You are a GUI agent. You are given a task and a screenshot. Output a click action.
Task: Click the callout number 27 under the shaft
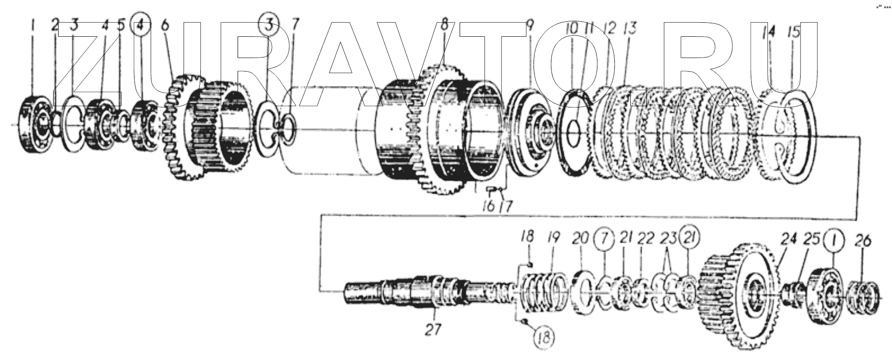click(x=432, y=330)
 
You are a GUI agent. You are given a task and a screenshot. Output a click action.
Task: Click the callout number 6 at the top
click(x=165, y=25)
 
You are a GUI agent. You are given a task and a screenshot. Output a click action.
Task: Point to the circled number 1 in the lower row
click(x=836, y=240)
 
